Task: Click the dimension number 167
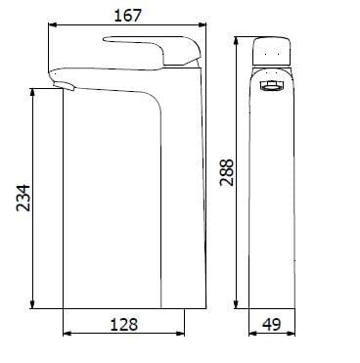coord(127,15)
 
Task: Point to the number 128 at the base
coord(123,324)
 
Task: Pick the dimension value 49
coord(273,324)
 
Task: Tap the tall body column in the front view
coord(273,196)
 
